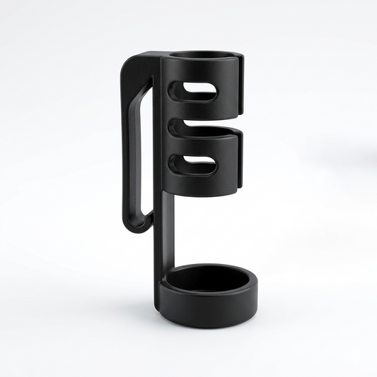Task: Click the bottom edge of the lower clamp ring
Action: (x=205, y=196)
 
